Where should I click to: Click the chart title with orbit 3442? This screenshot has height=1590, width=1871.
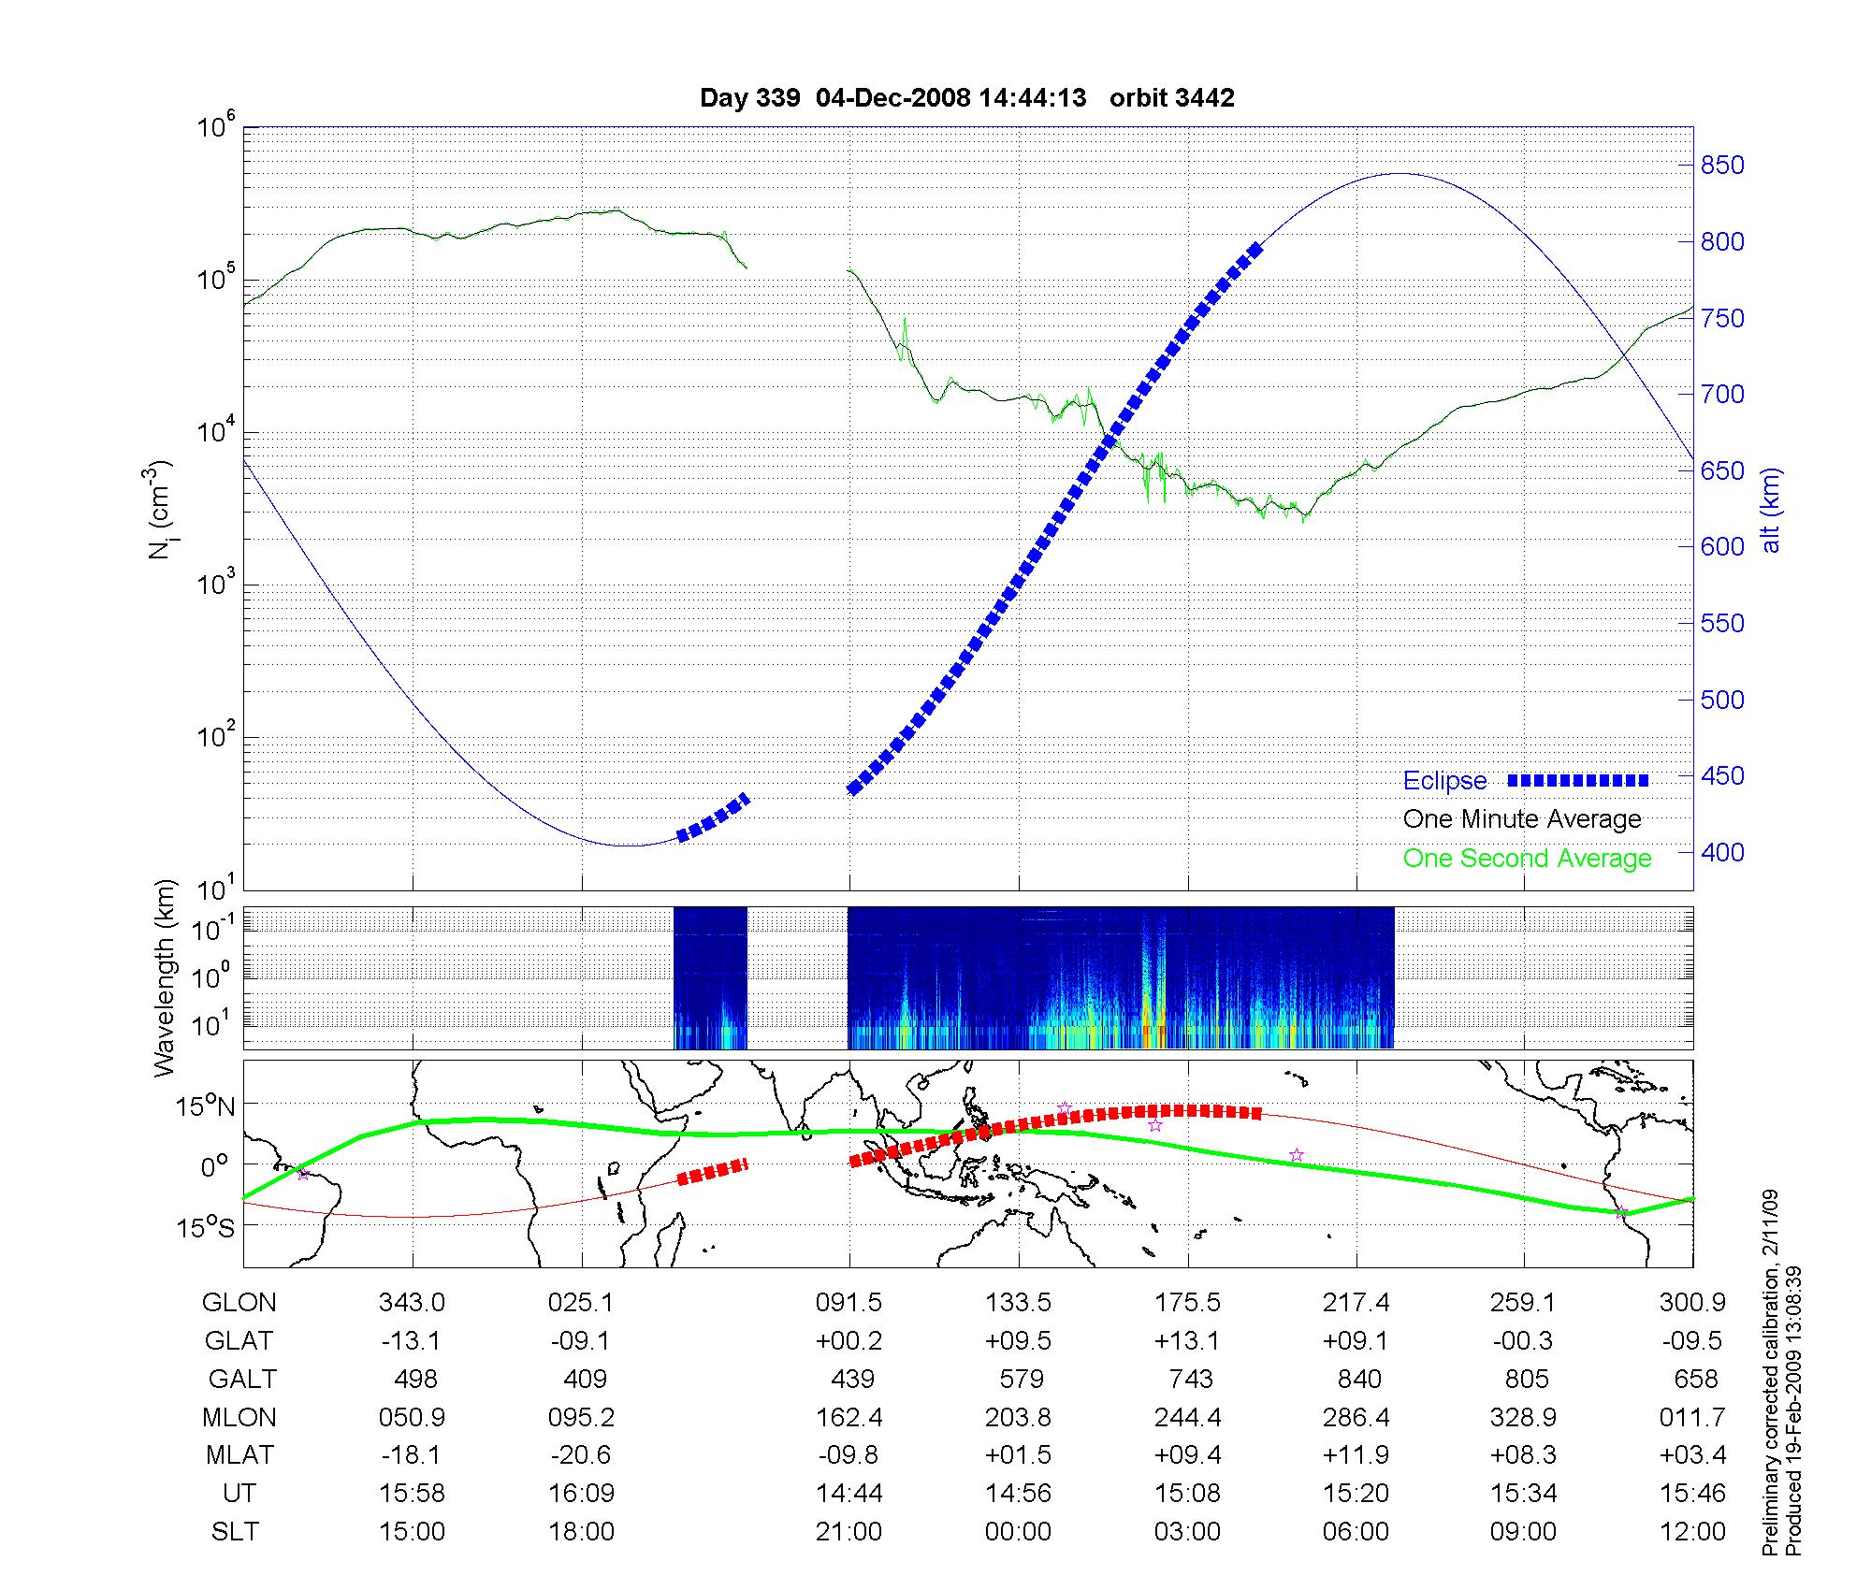click(966, 98)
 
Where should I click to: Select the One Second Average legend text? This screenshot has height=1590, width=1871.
click(1527, 859)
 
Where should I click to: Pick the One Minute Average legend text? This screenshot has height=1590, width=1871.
click(1522, 819)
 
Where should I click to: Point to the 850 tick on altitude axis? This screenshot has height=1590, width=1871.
click(1722, 166)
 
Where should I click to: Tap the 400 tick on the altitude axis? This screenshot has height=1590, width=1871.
click(1722, 852)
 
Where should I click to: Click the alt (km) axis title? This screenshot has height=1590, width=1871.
click(1771, 510)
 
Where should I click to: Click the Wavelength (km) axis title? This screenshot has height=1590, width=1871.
click(165, 977)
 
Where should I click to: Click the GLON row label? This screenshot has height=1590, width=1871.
click(239, 1303)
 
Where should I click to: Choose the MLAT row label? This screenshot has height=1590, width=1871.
click(239, 1455)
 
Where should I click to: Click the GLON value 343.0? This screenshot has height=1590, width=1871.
click(412, 1303)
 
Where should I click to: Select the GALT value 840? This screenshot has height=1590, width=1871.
click(1358, 1380)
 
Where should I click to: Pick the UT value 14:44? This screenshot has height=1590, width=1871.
click(849, 1494)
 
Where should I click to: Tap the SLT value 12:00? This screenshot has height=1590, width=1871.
click(1693, 1532)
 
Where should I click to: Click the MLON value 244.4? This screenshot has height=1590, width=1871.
click(1187, 1418)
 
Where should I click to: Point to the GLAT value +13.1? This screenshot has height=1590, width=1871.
click(1187, 1341)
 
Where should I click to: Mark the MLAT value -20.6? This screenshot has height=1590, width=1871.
click(581, 1455)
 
